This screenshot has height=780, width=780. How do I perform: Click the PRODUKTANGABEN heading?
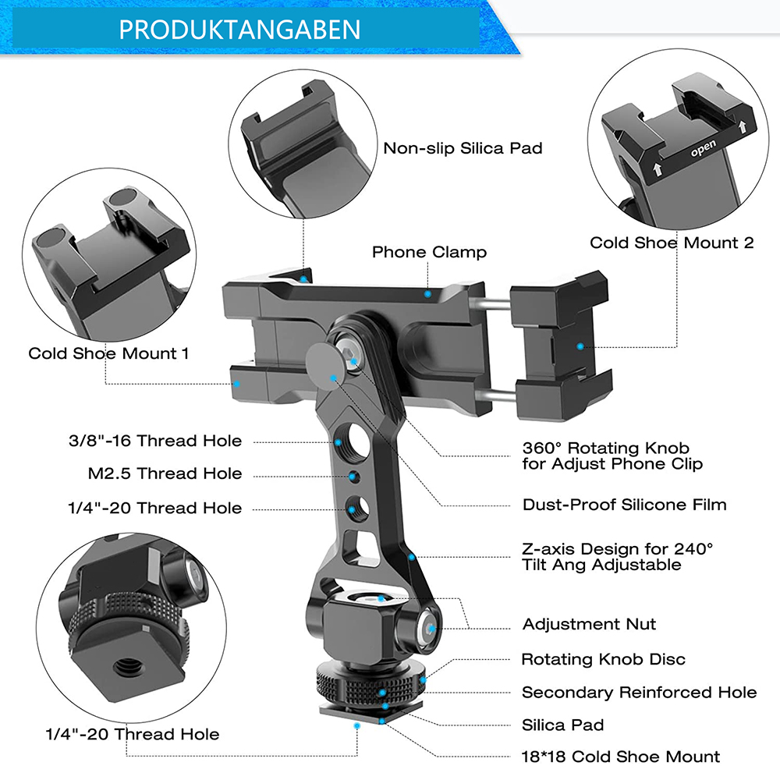click(x=239, y=30)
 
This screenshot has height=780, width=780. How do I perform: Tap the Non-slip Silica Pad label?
click(x=463, y=148)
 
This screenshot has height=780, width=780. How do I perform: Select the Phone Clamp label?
click(x=429, y=252)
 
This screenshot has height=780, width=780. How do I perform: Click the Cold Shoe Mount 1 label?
click(x=108, y=353)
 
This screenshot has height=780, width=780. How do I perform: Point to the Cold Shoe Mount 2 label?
click(x=672, y=243)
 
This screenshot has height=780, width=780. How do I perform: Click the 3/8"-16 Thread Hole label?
click(x=155, y=440)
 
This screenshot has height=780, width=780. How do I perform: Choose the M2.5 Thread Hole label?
click(x=165, y=473)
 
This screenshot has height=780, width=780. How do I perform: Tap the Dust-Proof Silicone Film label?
click(x=624, y=505)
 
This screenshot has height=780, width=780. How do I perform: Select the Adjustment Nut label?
click(x=589, y=624)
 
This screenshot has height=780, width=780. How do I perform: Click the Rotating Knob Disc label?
click(x=604, y=659)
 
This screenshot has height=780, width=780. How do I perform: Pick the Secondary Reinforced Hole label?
click(x=640, y=692)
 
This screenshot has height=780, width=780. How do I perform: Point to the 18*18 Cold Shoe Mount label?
click(x=620, y=757)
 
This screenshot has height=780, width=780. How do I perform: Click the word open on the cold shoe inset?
click(x=704, y=148)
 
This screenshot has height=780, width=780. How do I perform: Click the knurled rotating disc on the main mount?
click(x=370, y=685)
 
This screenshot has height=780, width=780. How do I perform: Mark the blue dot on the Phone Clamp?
click(x=427, y=294)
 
